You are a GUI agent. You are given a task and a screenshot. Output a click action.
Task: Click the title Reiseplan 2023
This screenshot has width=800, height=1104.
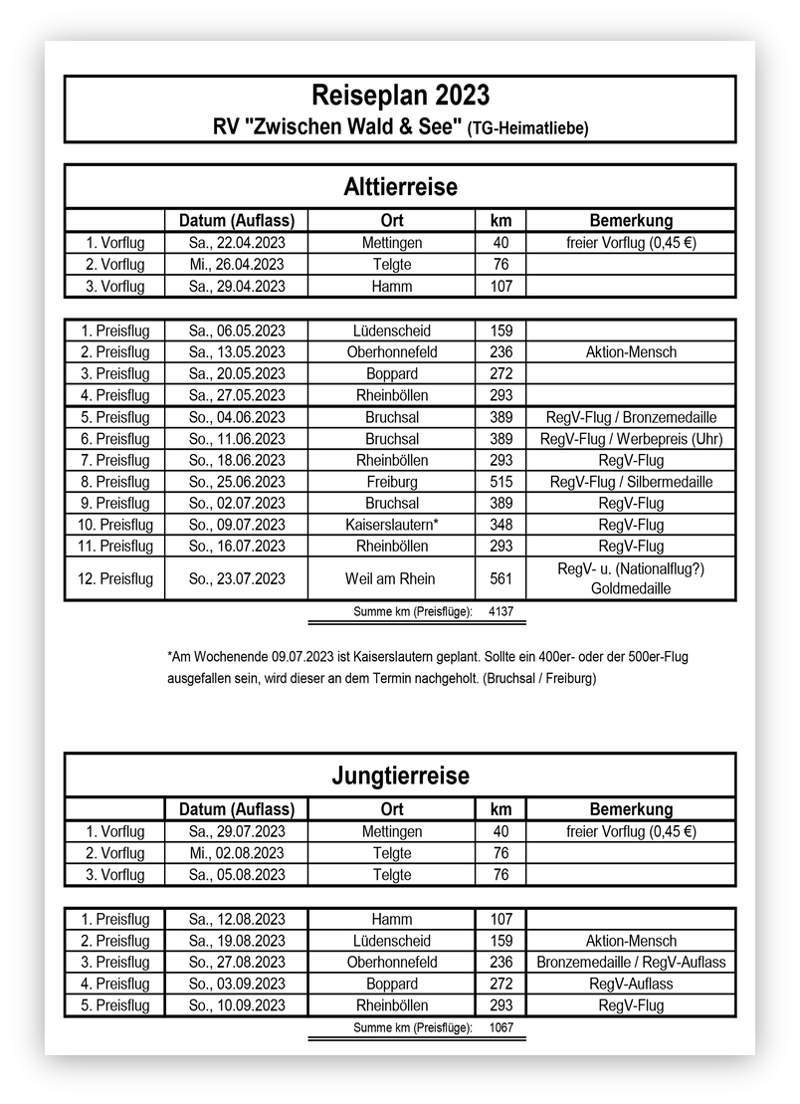click(x=400, y=96)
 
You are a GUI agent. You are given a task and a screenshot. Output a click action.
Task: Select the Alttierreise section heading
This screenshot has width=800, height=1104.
click(x=400, y=186)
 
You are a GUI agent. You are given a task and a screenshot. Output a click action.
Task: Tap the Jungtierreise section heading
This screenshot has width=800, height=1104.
click(x=400, y=774)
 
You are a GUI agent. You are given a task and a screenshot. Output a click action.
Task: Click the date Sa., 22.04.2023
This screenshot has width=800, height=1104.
click(x=236, y=243)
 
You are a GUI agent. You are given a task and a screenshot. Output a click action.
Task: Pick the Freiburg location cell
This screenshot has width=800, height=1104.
click(x=391, y=482)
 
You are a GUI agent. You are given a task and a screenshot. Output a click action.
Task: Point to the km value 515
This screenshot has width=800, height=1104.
click(x=501, y=482)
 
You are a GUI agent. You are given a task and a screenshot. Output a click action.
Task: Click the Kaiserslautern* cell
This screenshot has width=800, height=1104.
click(x=391, y=525)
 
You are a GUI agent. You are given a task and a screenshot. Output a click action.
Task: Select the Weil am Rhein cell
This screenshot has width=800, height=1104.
click(x=391, y=578)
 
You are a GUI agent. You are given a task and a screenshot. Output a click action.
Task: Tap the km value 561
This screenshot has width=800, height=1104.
click(x=501, y=578)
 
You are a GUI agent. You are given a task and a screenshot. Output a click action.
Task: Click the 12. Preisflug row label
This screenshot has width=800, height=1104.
click(x=114, y=578)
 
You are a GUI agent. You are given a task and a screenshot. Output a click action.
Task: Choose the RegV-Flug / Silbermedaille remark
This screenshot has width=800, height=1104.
click(x=631, y=482)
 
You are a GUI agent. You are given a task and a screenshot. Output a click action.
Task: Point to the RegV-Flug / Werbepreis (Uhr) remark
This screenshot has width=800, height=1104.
click(x=631, y=439)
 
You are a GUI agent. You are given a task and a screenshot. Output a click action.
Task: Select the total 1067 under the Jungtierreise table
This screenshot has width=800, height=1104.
click(x=501, y=1027)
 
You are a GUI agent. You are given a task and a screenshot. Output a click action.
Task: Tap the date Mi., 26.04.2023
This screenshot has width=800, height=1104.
click(x=236, y=265)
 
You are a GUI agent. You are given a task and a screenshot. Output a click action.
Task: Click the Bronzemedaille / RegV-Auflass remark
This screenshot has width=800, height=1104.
click(x=631, y=963)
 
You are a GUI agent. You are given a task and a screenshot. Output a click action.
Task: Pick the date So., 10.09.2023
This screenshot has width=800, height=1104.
click(x=236, y=1005)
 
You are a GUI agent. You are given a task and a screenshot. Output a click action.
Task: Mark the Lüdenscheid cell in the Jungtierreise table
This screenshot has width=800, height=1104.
click(x=391, y=941)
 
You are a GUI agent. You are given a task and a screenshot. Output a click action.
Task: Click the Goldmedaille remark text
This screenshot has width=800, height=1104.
click(x=631, y=589)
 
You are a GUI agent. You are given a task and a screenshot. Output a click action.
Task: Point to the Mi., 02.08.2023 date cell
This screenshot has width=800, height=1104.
click(x=236, y=853)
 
